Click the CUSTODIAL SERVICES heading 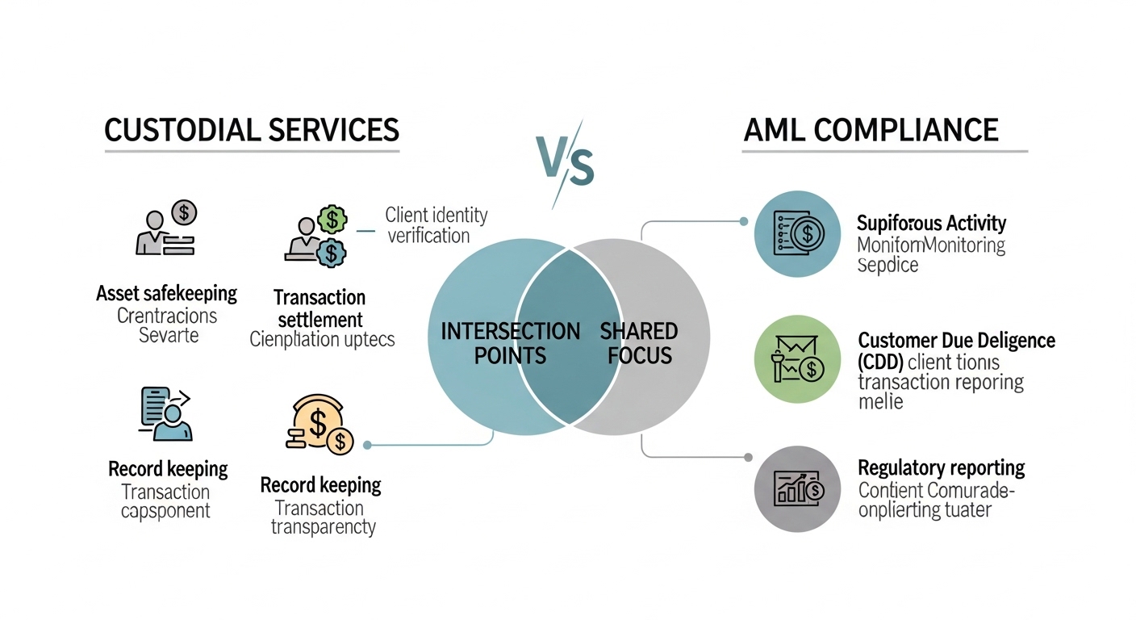pos(252,130)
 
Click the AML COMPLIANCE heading pos(871,130)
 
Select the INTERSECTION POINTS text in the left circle pos(510,343)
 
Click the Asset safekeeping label pos(167,293)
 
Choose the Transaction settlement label pos(319,308)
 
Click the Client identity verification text pos(436,225)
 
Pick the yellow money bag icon pos(320,424)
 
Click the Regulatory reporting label pos(941,467)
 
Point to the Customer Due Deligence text pos(956,340)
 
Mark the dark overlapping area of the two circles pos(569,337)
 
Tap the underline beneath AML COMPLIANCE pos(884,151)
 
